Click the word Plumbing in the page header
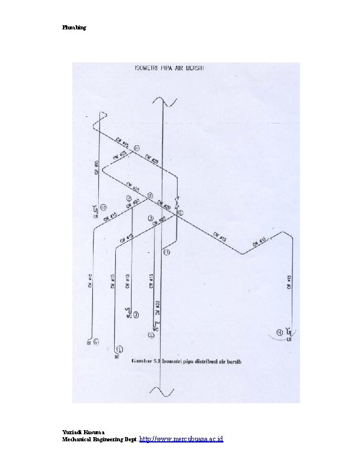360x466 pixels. [75, 28]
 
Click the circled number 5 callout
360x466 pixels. [181, 212]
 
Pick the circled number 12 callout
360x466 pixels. [167, 252]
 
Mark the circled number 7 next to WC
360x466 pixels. [136, 315]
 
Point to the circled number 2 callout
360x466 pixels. [151, 335]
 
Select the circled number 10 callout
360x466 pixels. [104, 207]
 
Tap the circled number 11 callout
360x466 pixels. [137, 148]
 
